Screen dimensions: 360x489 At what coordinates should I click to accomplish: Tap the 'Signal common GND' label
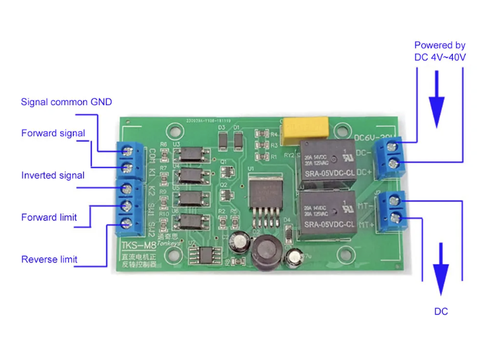tap(67, 102)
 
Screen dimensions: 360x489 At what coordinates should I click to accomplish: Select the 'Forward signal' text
tap(53, 133)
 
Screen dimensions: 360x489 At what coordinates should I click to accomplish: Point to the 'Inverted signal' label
tap(53, 175)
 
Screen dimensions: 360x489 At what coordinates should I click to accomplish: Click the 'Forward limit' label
tap(49, 217)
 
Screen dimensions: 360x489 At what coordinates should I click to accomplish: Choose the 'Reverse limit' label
tap(49, 259)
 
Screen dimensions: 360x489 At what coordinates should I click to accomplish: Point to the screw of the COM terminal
tap(135, 150)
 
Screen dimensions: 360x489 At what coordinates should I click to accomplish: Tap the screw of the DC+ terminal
tap(394, 165)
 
